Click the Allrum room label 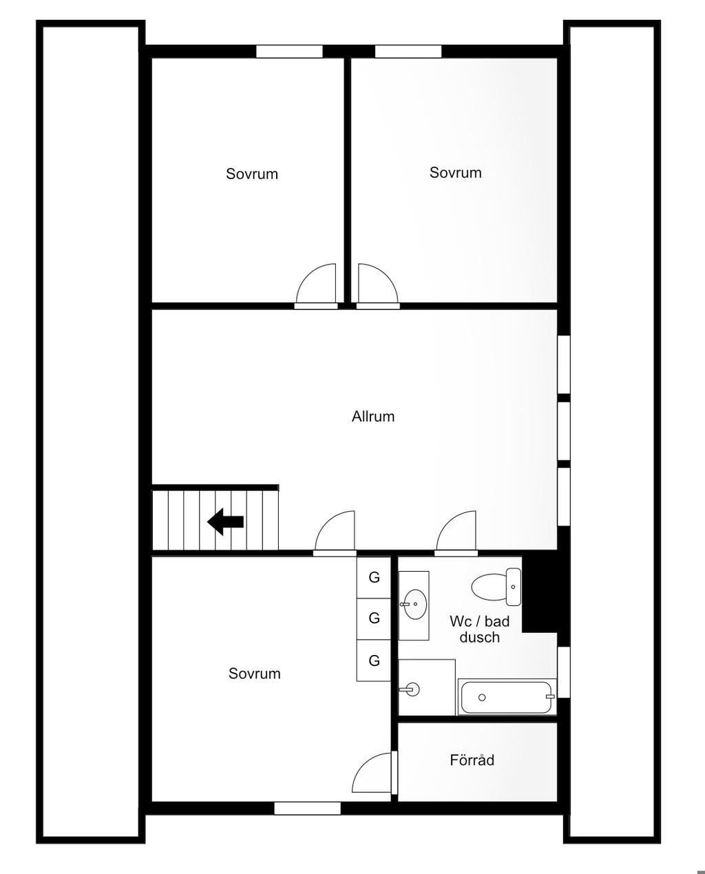pos(372,417)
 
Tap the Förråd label pos(472,760)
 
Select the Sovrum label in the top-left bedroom pos(252,174)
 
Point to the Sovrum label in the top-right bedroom pos(456,173)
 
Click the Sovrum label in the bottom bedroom pos(255,674)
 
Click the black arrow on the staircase pos(225,522)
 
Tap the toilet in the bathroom pos(496,587)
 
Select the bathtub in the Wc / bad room pos(507,697)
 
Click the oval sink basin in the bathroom pos(414,604)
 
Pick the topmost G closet pos(374,577)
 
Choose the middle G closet pos(374,618)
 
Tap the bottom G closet pos(374,660)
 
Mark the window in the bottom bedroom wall pos(308,808)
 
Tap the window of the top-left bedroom pos(289,52)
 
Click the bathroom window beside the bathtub pos(563,672)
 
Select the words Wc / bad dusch pos(480,629)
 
